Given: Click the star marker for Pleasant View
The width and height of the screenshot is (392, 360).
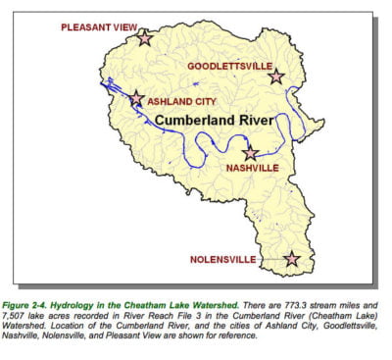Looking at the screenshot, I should (x=144, y=38).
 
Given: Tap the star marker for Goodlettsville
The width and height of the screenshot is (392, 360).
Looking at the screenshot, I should (x=276, y=76).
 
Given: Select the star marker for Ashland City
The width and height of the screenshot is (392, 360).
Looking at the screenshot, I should (x=136, y=99).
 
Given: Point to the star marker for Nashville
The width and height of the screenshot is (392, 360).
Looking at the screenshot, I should (x=251, y=153).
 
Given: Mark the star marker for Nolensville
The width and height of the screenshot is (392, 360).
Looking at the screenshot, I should (x=291, y=259).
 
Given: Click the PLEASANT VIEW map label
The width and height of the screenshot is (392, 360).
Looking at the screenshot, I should (x=100, y=28).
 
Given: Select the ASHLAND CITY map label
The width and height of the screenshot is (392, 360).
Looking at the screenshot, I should (x=182, y=100).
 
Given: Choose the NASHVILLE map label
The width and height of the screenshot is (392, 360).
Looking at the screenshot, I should (x=252, y=168).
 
